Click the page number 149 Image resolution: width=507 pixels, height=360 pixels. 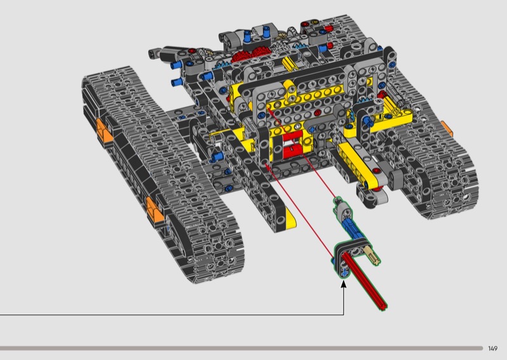pos(492,349)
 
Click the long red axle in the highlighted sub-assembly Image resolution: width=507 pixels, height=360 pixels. pos(364,280)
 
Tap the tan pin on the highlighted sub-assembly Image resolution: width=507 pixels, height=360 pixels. pos(373,255)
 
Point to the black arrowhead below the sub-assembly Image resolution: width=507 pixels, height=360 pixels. pos(343,284)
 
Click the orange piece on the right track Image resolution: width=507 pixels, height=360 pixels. pos(447,129)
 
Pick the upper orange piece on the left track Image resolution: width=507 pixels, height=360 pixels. pos(103,131)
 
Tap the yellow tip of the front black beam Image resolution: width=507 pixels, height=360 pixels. pos(290,217)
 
